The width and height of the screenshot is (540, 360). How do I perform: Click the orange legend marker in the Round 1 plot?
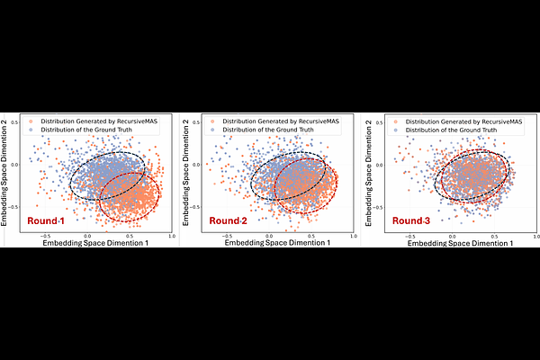click(x=33, y=121)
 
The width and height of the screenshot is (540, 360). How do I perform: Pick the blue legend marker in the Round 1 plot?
click(x=33, y=129)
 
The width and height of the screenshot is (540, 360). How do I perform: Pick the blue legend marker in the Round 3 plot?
click(x=394, y=129)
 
